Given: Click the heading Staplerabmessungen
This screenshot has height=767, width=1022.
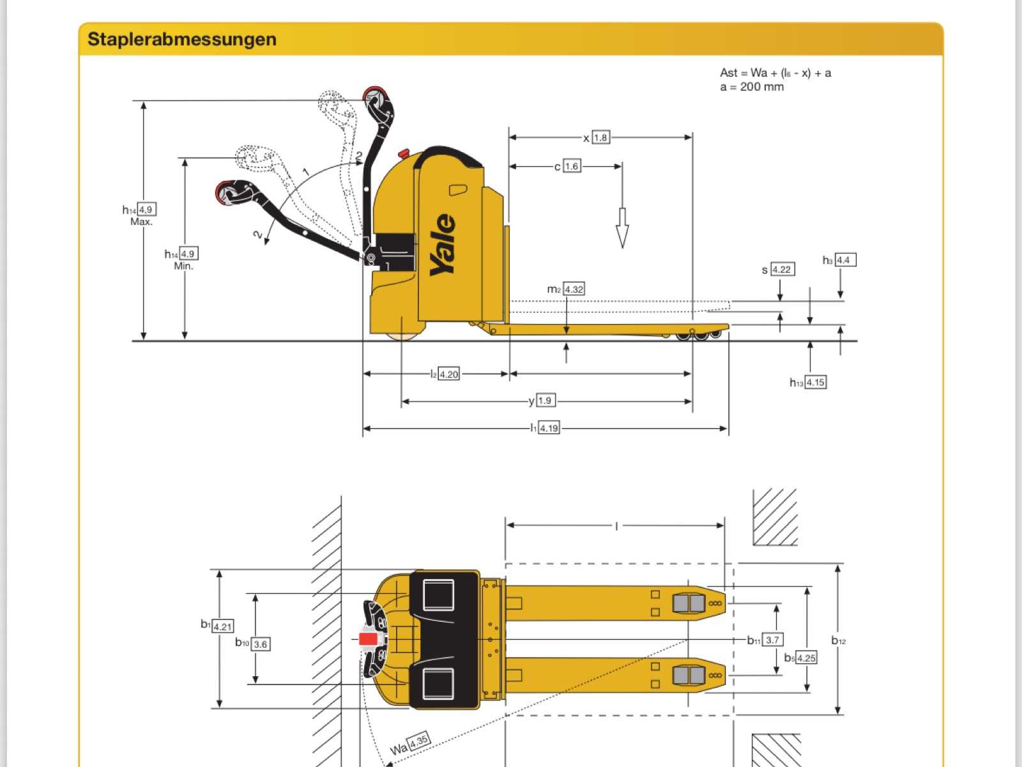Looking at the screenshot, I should tap(182, 39).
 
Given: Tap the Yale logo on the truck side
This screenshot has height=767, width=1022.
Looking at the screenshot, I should tap(443, 245).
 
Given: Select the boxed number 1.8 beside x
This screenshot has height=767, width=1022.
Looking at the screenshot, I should tap(600, 137).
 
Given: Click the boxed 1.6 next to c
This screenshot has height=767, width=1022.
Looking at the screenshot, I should tap(572, 166).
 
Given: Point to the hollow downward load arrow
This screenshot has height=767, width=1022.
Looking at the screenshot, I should tap(622, 228).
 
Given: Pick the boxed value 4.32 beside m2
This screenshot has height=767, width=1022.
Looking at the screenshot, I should tap(574, 289).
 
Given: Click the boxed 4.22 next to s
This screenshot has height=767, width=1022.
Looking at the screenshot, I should tap(782, 269).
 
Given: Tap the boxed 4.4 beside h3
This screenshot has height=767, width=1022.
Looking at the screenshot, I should tap(844, 260).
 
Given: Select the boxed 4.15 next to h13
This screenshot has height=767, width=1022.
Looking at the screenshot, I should tap(815, 382).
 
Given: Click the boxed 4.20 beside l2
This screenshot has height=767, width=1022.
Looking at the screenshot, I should tap(449, 374).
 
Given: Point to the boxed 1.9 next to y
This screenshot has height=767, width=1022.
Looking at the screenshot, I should tap(545, 401).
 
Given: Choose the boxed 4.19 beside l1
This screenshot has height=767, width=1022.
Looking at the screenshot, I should tap(549, 428).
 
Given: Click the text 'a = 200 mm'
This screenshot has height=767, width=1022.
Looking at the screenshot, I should tap(752, 87).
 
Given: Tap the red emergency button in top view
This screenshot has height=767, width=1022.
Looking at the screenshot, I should tap(368, 639).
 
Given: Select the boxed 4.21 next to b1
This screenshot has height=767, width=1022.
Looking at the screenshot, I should tap(222, 626).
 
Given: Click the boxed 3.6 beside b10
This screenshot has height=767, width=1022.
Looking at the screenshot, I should tap(261, 644).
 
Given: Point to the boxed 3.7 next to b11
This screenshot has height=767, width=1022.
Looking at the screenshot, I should tap(772, 639).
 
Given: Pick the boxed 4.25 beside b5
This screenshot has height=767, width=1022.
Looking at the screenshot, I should tap(806, 658).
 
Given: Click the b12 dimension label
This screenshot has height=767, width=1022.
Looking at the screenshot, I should tap(839, 640).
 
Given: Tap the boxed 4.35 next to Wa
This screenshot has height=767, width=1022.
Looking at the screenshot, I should tap(418, 742).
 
